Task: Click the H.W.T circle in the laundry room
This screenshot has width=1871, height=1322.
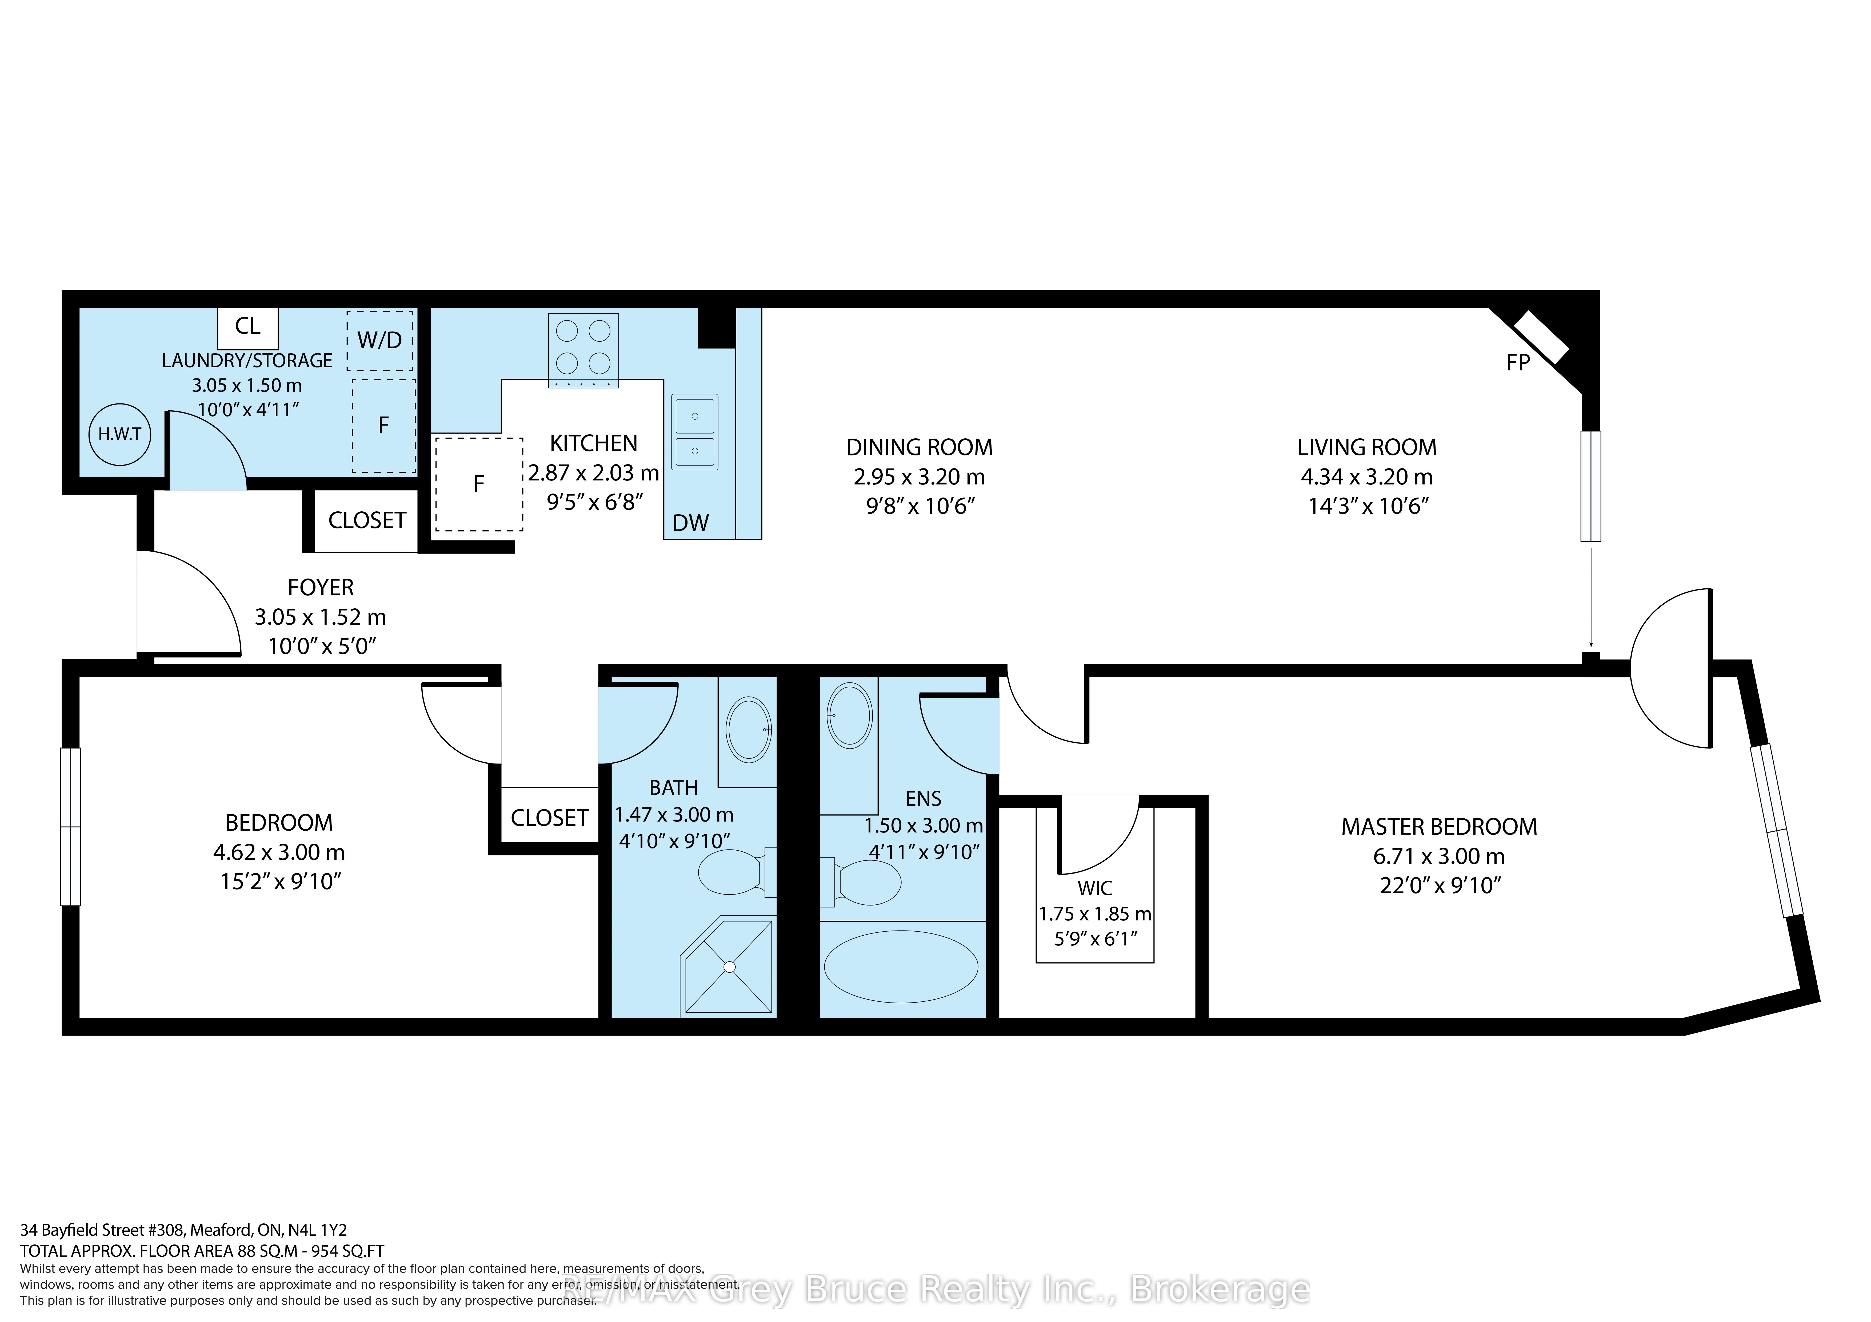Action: (x=120, y=434)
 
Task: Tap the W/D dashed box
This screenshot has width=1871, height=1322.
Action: (x=380, y=341)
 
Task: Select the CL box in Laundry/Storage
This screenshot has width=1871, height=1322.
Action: (x=248, y=327)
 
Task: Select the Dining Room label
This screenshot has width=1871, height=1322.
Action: (x=919, y=447)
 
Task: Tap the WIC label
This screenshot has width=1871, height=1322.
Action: (x=1094, y=888)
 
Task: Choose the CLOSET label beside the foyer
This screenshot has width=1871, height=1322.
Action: (x=367, y=520)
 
